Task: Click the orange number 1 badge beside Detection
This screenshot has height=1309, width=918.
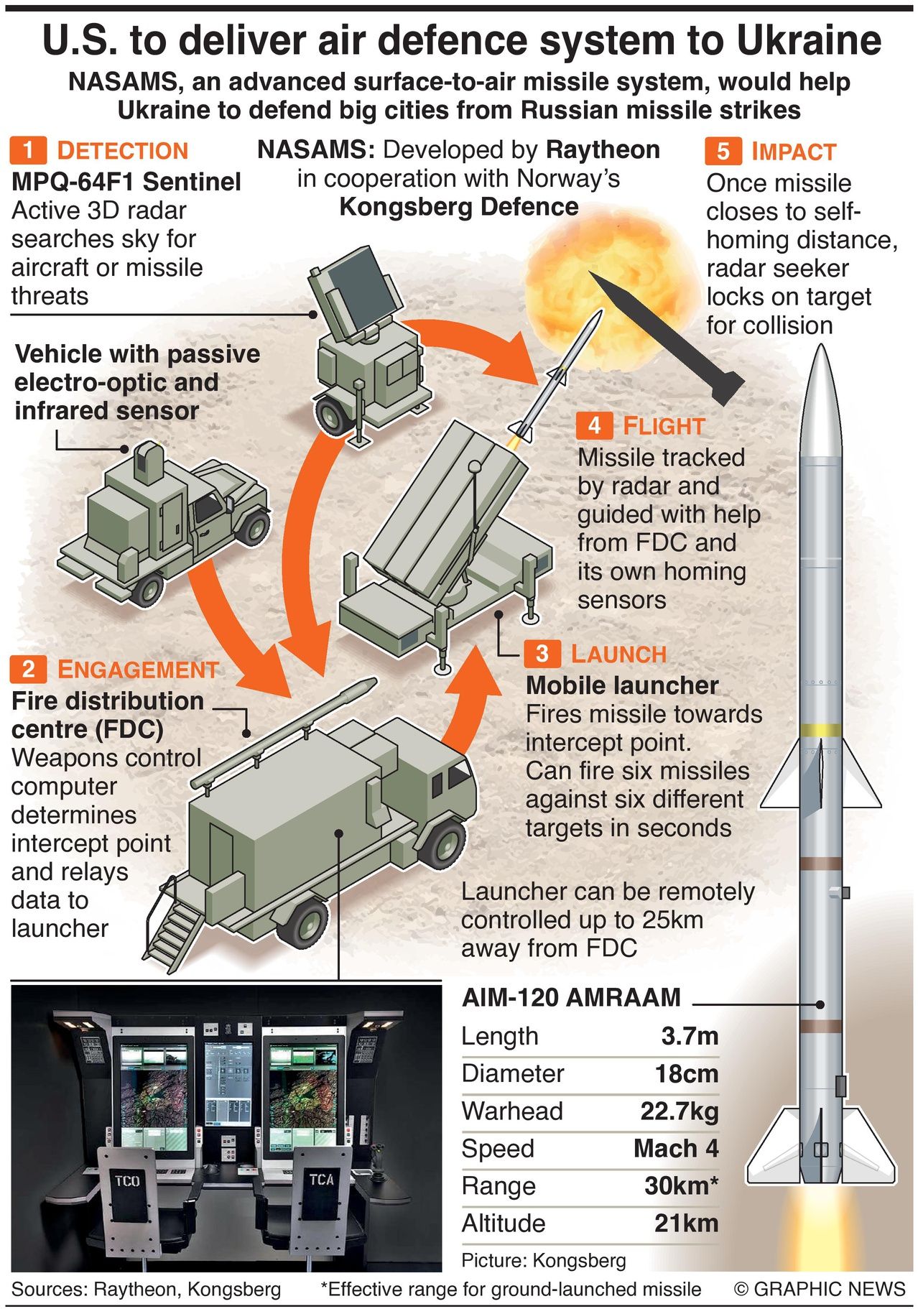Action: pyautogui.click(x=28, y=150)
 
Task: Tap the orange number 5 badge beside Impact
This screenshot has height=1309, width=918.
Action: pyautogui.click(x=723, y=151)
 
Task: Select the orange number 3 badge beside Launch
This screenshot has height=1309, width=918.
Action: pyautogui.click(x=542, y=654)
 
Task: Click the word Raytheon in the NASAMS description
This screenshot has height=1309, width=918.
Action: pyautogui.click(x=603, y=149)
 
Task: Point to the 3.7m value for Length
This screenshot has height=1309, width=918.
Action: pyautogui.click(x=690, y=1035)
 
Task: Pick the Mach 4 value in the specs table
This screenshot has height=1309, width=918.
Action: pyautogui.click(x=676, y=1147)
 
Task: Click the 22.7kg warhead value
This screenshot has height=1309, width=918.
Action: pyautogui.click(x=680, y=1111)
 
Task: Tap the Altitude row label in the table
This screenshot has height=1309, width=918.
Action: pyautogui.click(x=504, y=1223)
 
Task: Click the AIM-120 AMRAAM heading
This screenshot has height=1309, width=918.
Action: pyautogui.click(x=571, y=997)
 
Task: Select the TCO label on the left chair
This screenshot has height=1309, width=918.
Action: pyautogui.click(x=127, y=1180)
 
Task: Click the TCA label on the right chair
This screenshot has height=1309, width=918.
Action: pyautogui.click(x=321, y=1179)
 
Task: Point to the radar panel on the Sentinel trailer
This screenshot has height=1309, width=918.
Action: pyautogui.click(x=356, y=295)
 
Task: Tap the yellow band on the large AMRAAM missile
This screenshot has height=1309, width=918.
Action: pyautogui.click(x=820, y=730)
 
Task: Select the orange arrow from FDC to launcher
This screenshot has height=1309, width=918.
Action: pyautogui.click(x=467, y=700)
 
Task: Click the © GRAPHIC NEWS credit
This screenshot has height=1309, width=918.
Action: pyautogui.click(x=820, y=1289)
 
